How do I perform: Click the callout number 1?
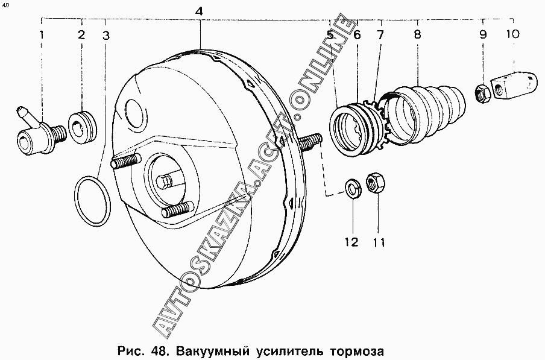[42, 35]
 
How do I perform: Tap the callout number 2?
[81, 35]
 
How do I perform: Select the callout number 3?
[106, 36]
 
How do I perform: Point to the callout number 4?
[198, 11]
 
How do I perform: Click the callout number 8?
[417, 34]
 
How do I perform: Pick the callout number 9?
[483, 34]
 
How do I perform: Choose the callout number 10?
[512, 34]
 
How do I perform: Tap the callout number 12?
[351, 242]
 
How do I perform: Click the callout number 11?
[379, 242]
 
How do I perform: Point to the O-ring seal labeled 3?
[93, 201]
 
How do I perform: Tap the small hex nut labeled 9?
[482, 93]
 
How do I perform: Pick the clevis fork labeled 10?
[513, 83]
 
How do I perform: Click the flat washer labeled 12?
[353, 189]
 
